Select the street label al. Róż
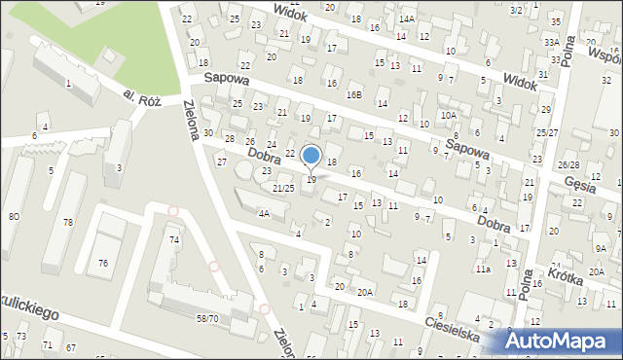(x=141, y=97)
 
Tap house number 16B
(x=354, y=94)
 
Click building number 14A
(x=406, y=18)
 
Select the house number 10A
(x=448, y=115)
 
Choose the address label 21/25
(x=283, y=188)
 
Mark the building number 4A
(x=263, y=213)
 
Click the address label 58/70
(x=206, y=318)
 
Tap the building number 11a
(x=483, y=269)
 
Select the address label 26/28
(x=569, y=165)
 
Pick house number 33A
(x=552, y=43)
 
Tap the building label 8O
(x=14, y=216)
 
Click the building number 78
(x=68, y=223)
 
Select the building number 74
(x=174, y=239)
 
